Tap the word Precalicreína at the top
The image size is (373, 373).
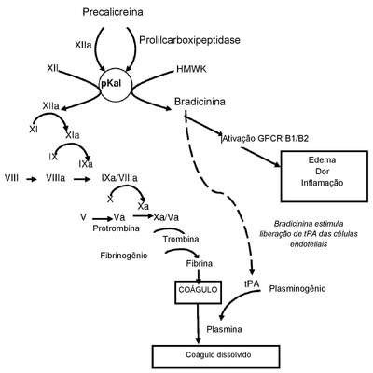click(x=113, y=12)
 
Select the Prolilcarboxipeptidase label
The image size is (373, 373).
click(x=189, y=40)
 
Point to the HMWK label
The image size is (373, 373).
click(x=191, y=69)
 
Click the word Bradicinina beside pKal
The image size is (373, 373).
click(x=200, y=102)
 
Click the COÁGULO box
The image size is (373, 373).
click(x=199, y=292)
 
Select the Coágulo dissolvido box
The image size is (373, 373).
click(x=216, y=357)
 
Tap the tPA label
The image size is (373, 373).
click(x=252, y=283)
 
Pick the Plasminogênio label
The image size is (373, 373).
click(x=297, y=289)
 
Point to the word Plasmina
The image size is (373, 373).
click(x=224, y=329)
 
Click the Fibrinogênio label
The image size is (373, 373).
click(x=124, y=256)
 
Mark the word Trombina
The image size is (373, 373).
click(x=181, y=240)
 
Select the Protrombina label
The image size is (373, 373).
click(x=116, y=228)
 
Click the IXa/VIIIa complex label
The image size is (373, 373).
click(x=119, y=178)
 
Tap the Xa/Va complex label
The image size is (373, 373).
click(x=166, y=217)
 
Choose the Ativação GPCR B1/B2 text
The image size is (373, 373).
click(x=265, y=139)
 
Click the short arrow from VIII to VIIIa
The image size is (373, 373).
click(x=32, y=179)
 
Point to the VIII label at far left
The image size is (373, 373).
click(x=11, y=178)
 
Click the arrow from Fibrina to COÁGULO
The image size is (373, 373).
click(x=199, y=275)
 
